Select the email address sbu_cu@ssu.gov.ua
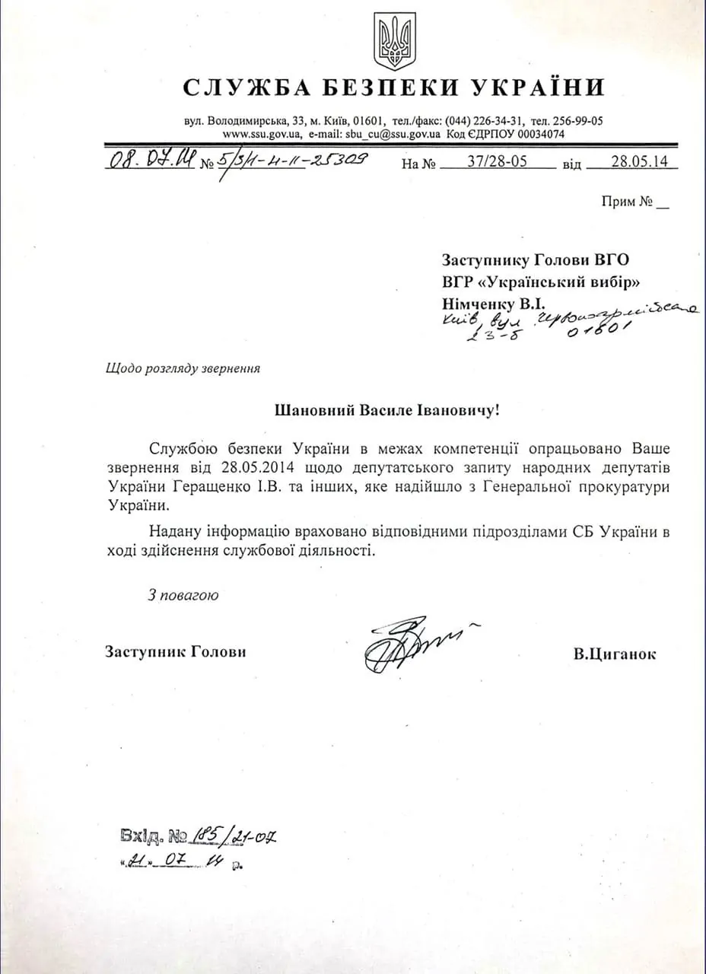[393, 134]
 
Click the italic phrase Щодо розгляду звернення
[183, 368]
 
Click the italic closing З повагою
[183, 595]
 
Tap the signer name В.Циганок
[615, 654]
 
